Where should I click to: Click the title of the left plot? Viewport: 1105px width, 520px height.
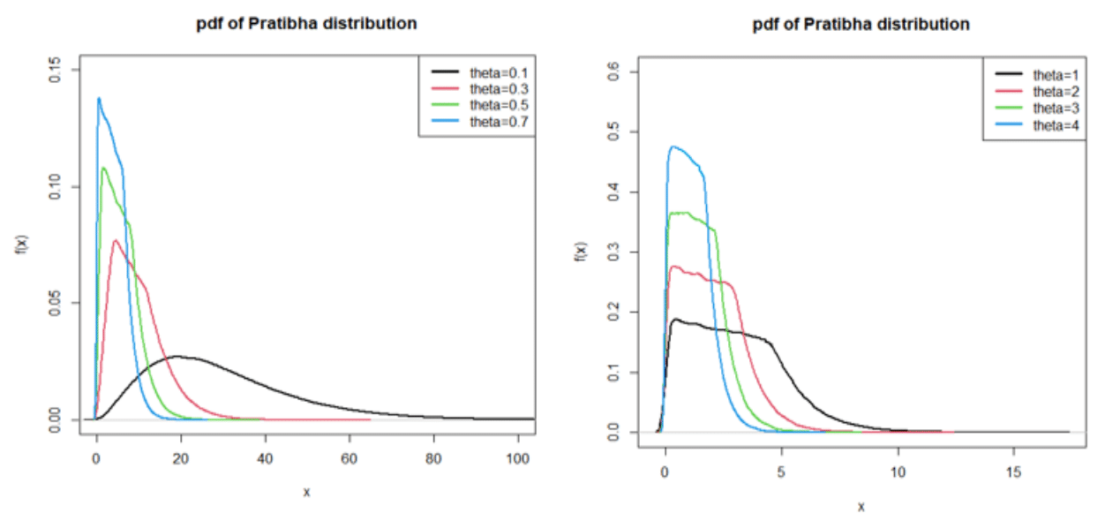(x=306, y=24)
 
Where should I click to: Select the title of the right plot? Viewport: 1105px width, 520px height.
(x=861, y=25)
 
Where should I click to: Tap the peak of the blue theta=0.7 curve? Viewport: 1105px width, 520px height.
(x=99, y=98)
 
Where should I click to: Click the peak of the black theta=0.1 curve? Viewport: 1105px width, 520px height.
(x=177, y=357)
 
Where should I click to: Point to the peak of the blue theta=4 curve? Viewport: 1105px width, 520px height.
(x=674, y=147)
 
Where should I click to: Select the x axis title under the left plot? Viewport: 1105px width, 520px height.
(x=306, y=493)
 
